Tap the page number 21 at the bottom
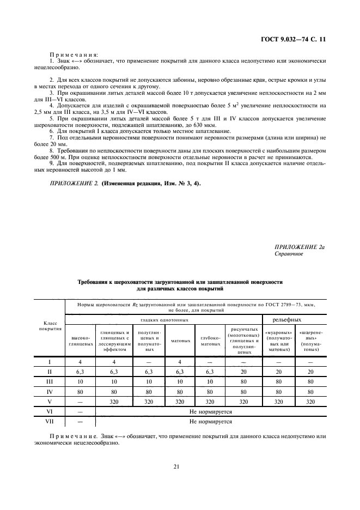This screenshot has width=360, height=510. click(x=176, y=466)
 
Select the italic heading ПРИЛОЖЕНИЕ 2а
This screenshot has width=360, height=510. click(x=300, y=247)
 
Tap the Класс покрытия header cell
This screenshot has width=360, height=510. click(x=50, y=326)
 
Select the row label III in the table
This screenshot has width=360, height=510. click(x=50, y=381)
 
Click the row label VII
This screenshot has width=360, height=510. click(x=50, y=421)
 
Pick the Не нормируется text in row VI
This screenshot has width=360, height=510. click(x=210, y=411)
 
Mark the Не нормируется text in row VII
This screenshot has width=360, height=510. click(x=210, y=421)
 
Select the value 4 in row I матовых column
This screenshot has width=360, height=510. click(x=180, y=361)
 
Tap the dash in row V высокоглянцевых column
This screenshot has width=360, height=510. click(x=81, y=401)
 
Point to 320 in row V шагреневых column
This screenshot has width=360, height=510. click(x=311, y=401)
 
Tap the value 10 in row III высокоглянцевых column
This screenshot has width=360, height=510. click(x=81, y=381)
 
